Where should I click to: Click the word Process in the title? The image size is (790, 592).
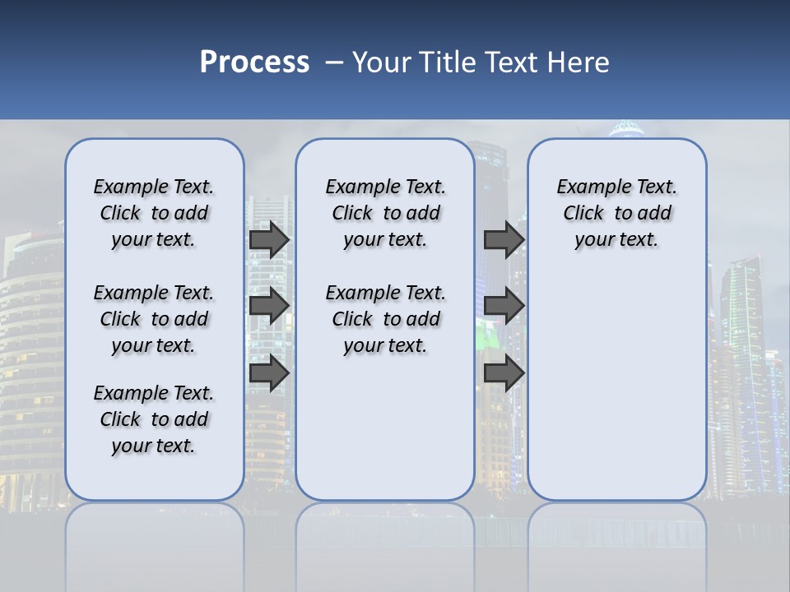tap(254, 62)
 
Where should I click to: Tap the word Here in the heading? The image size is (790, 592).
tap(579, 62)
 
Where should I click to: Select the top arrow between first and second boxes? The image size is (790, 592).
tap(268, 239)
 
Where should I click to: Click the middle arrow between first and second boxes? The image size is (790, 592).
tap(268, 306)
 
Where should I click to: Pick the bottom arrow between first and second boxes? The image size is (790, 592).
tap(268, 373)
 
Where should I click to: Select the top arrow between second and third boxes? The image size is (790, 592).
tap(504, 239)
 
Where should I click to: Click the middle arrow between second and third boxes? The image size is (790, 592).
tap(504, 306)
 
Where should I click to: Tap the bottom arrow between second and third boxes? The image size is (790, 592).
tap(504, 373)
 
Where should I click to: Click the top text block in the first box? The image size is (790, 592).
tap(154, 213)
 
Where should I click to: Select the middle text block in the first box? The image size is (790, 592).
tap(154, 319)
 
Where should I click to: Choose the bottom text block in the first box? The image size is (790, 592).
tap(154, 419)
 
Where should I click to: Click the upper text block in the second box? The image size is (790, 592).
tap(385, 213)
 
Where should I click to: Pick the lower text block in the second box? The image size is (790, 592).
tap(385, 319)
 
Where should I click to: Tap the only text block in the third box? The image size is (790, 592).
tap(616, 213)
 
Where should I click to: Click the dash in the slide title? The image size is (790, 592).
tap(334, 62)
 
